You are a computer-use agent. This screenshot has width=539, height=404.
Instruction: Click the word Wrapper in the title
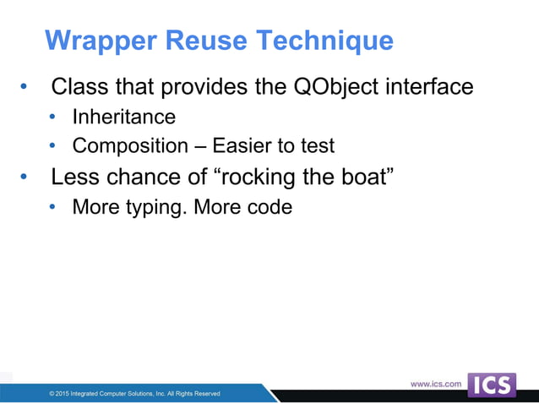[94, 41]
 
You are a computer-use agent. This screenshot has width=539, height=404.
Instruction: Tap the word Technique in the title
[324, 41]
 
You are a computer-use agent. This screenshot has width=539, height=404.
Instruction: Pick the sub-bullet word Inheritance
[124, 117]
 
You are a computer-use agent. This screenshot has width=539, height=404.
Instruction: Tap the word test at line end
[318, 145]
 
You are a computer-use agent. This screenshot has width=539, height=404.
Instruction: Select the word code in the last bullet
[269, 206]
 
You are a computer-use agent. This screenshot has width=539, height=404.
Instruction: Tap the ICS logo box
[492, 385]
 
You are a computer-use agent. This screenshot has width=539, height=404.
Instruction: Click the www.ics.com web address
[436, 384]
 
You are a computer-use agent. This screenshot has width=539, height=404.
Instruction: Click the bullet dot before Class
[24, 88]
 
